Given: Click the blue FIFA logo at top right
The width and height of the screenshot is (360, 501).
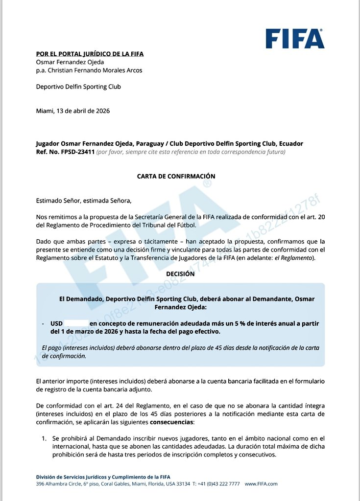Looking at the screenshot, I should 294,38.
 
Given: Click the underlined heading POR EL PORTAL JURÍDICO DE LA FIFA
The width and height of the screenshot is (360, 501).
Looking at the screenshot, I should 90,54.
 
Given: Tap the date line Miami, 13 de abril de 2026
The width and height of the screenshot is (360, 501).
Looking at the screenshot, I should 73,111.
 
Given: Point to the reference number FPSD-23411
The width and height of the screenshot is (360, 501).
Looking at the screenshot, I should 75,152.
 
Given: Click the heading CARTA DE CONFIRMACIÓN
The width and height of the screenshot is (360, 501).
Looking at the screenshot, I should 176,176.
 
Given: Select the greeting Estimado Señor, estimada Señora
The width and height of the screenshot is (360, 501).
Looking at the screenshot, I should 84,200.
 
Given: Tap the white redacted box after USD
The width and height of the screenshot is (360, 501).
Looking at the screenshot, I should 76,323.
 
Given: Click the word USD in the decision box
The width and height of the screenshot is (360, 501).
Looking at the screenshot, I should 56,323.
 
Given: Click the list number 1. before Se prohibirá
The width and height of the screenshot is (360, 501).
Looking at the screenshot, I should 44,438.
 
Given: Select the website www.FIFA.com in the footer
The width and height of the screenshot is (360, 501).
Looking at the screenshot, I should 261,484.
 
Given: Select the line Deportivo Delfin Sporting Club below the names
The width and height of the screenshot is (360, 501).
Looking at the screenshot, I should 78,87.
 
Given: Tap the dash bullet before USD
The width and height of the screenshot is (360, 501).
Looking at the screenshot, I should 44,323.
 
